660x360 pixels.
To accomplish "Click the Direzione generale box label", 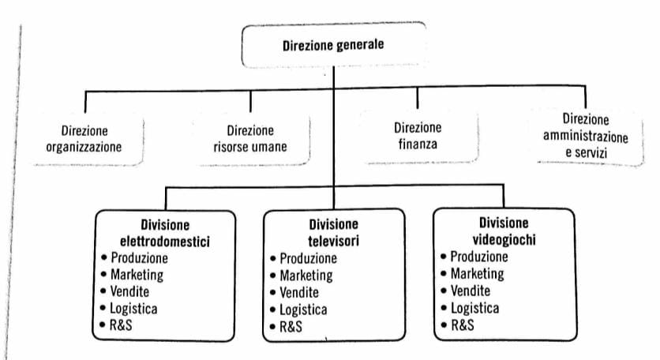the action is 333,45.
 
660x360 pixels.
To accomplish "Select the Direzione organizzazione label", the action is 84,138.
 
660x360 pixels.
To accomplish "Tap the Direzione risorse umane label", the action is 250,138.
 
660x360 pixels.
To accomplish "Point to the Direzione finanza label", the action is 418,136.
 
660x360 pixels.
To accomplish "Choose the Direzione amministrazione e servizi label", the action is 586,136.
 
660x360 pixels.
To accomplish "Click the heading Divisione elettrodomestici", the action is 164,233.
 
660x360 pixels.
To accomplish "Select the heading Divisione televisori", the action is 333,232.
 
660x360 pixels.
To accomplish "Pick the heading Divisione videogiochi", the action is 504,231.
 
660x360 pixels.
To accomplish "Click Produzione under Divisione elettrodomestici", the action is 139,257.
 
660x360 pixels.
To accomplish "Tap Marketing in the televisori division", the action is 306,276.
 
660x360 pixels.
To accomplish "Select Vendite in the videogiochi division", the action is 471,291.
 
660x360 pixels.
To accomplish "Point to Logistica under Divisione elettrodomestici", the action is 133,309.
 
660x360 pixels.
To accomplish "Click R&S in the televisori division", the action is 291,327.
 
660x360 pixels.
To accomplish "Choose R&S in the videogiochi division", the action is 462,325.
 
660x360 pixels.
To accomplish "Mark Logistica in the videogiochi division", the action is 474,308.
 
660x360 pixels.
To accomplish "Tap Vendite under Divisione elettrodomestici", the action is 129,291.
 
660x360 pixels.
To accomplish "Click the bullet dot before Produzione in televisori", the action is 272,258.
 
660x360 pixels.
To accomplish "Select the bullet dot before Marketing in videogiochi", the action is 443,274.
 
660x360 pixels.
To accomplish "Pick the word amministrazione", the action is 586,137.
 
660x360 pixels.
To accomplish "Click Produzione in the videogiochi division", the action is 479,257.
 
